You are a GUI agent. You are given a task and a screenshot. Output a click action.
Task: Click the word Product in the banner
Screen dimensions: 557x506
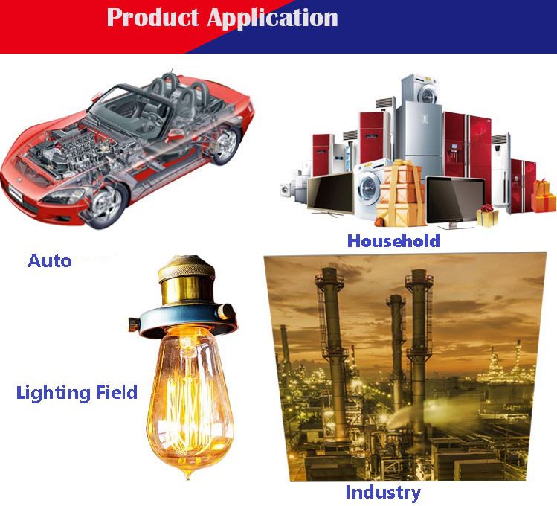point(152,17)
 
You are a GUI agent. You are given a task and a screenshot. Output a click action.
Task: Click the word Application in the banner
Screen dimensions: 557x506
point(272,19)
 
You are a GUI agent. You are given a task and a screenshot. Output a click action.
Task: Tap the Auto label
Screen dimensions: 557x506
point(50,261)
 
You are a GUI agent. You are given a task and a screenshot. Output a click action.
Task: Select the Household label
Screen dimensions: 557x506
point(393,240)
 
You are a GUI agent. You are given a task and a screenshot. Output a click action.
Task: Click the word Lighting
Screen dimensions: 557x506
point(48,393)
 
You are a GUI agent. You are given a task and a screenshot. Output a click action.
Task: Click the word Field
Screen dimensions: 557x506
point(112,392)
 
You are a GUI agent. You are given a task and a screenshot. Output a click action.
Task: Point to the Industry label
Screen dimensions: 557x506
point(383,493)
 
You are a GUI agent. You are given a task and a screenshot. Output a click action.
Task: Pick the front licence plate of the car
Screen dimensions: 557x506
point(16,193)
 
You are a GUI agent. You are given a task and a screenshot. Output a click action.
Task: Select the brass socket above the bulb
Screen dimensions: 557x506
point(187,281)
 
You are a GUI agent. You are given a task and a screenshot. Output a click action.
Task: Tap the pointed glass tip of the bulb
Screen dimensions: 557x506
point(188,476)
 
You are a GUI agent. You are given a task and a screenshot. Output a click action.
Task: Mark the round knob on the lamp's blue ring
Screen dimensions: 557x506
point(225,312)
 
